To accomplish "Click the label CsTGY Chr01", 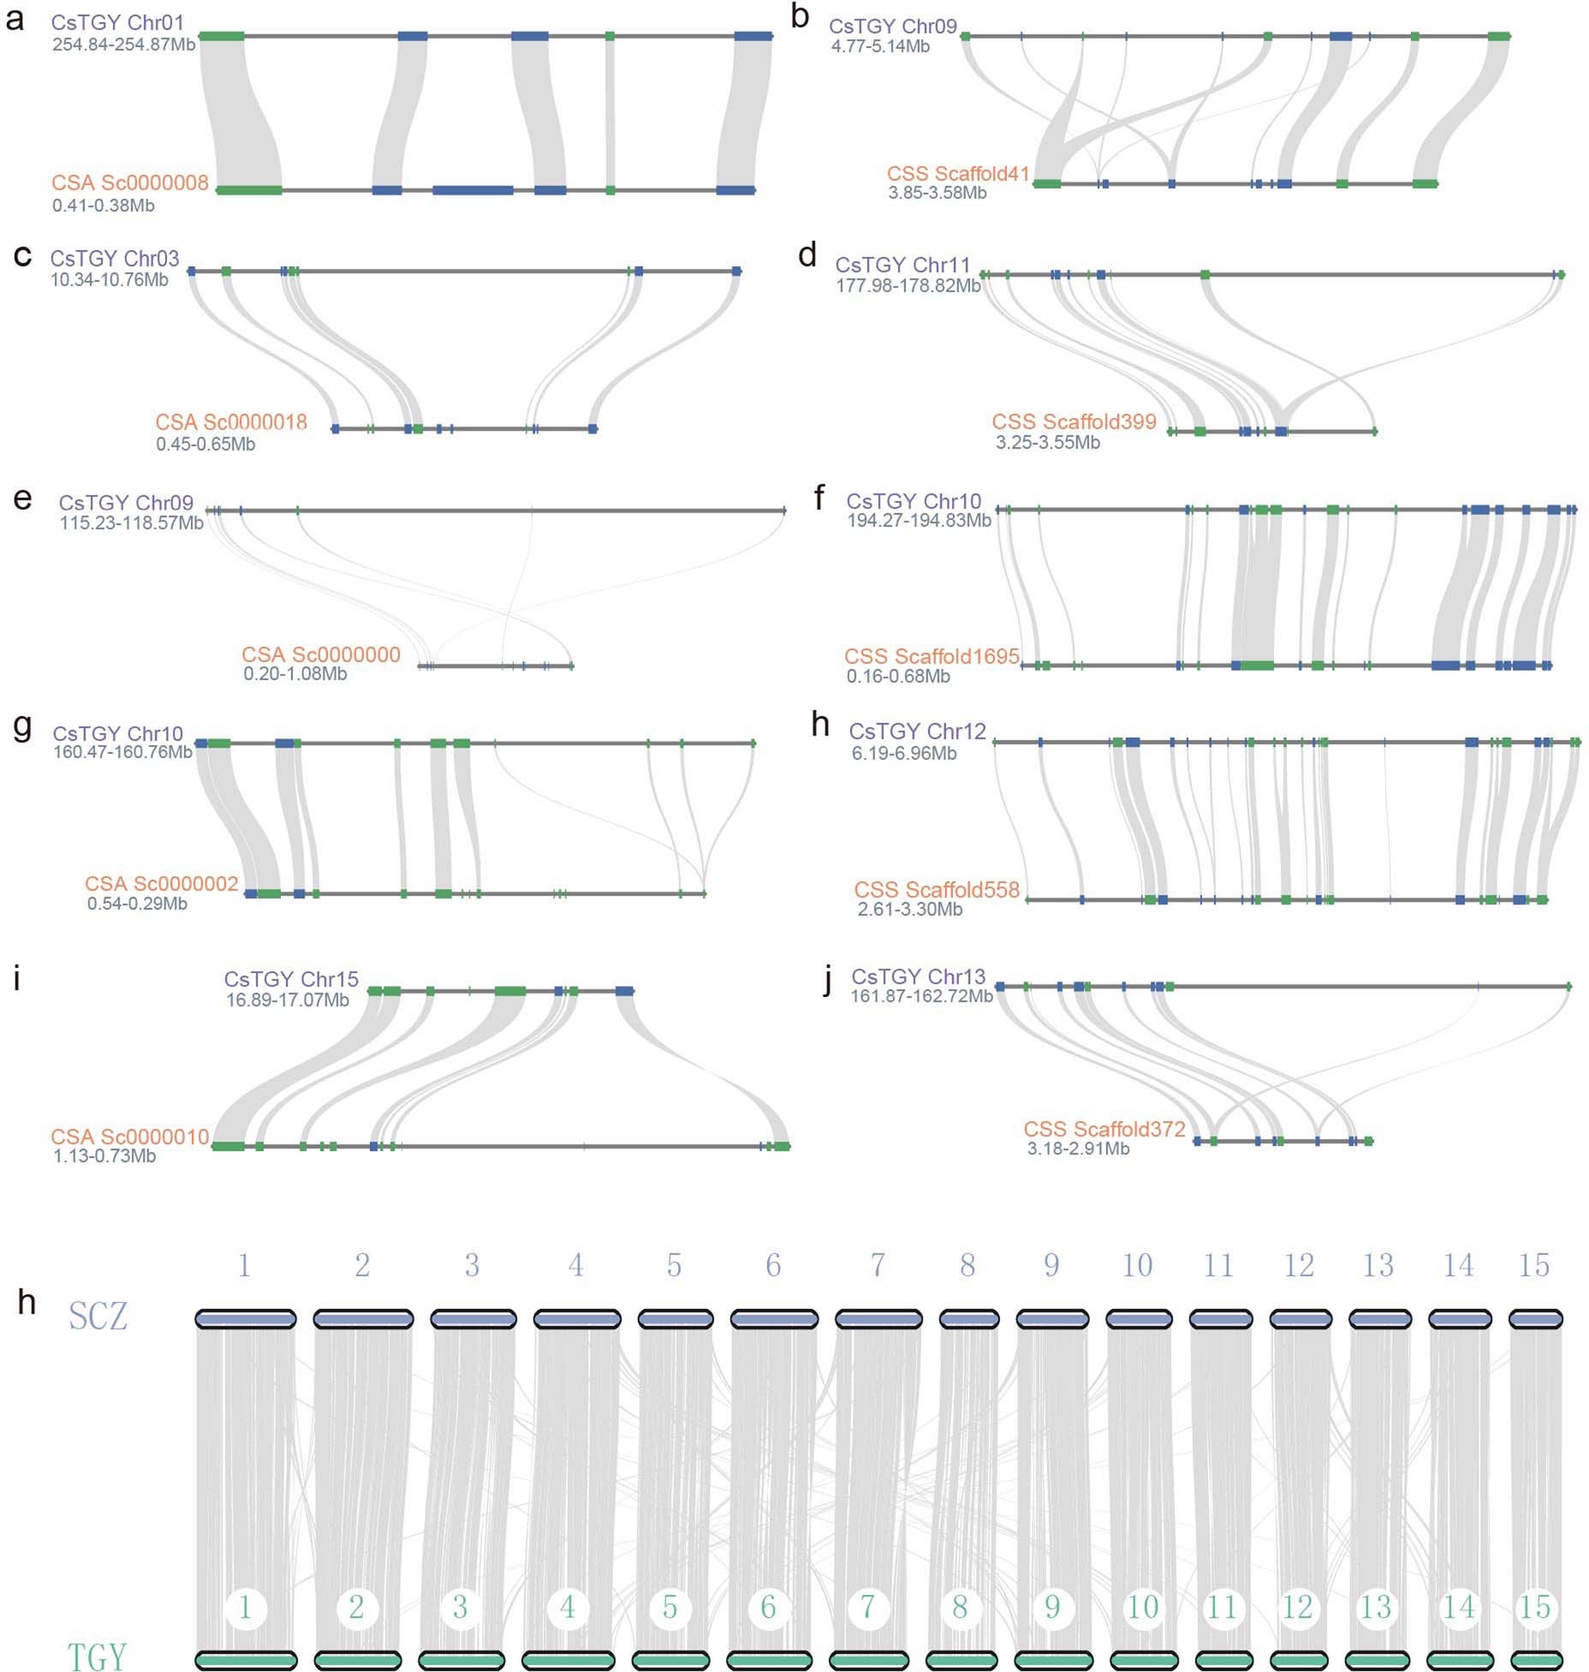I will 117,22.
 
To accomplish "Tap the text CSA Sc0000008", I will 130,182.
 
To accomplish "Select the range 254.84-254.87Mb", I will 123,44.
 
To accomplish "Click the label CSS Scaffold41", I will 958,174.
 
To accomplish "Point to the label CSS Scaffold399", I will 1074,421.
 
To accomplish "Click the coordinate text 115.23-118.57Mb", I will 131,522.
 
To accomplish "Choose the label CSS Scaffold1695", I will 931,656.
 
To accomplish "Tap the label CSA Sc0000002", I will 161,883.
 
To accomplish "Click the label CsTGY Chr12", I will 917,731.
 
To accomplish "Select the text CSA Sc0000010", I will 129,1136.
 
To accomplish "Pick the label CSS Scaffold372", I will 1104,1129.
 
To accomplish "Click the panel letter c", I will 23,255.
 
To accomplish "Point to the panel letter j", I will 826,981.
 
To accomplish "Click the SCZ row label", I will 98,1316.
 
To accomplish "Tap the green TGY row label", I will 97,1657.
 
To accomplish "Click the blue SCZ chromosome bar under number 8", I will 968,1319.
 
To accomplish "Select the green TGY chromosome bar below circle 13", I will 1376,1660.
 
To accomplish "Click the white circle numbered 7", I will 868,1607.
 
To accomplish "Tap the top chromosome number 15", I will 1533,1265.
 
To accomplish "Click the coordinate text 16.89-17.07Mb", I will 287,999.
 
